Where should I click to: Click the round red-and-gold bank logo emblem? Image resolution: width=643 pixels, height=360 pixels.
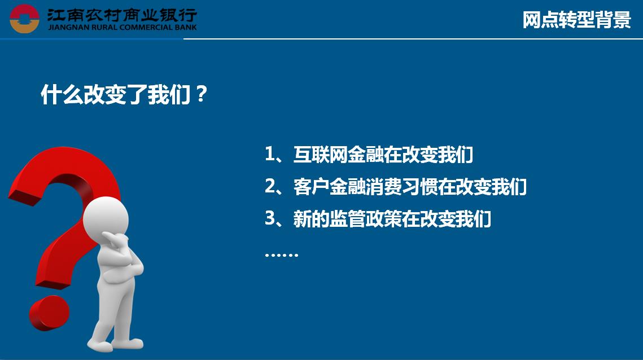(24, 19)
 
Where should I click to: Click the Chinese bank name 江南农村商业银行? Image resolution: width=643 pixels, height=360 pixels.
(122, 15)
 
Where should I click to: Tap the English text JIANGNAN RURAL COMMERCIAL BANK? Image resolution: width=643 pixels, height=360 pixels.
(122, 28)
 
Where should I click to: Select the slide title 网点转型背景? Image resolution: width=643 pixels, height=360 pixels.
(576, 19)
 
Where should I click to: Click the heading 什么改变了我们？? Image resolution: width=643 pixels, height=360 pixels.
(124, 94)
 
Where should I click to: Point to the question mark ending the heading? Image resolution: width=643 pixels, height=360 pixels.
(202, 94)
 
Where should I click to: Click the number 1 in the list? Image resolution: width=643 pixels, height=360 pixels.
(270, 154)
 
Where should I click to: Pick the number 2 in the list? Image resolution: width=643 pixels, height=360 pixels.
(270, 186)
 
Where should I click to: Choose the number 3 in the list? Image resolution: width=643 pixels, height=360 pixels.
(270, 218)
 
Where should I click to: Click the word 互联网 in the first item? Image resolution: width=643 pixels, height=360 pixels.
(320, 154)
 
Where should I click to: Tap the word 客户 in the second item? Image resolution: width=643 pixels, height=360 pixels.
(311, 186)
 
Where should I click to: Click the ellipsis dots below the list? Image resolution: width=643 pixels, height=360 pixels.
(281, 254)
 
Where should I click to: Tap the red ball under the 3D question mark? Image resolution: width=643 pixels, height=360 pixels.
(49, 313)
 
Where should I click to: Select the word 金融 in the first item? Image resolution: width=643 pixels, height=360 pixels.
(365, 154)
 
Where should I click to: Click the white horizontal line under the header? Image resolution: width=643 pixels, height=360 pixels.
(413, 39)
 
